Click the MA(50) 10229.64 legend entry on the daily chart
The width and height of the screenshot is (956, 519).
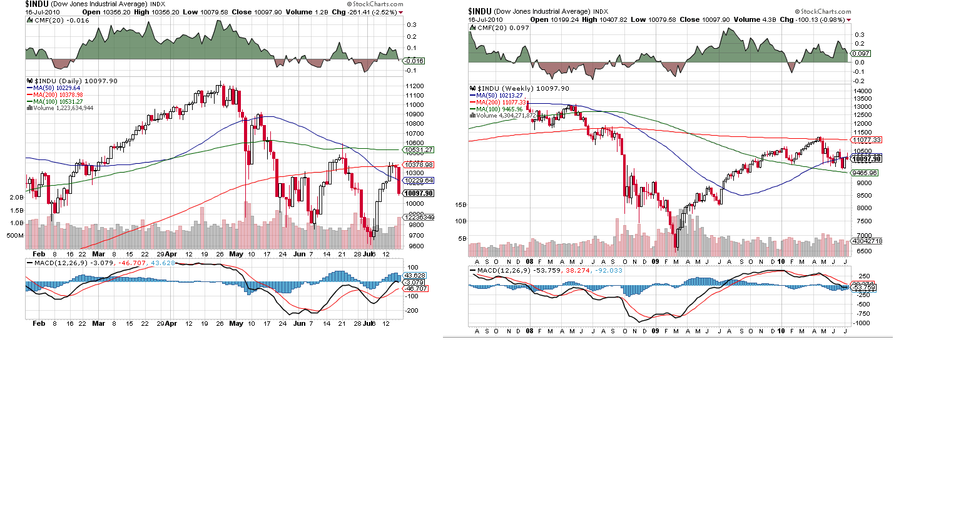(x=57, y=88)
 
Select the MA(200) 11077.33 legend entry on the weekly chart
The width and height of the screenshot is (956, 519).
(x=501, y=103)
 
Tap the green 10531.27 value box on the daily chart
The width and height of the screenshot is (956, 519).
(x=419, y=150)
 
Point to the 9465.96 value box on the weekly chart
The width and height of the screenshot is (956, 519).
(x=864, y=173)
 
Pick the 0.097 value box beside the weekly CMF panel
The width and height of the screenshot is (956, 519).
(x=861, y=53)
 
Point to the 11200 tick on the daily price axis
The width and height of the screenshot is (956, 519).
(x=415, y=86)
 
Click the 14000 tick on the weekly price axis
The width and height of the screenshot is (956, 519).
(x=863, y=91)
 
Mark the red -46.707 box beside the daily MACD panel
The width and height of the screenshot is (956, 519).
(x=416, y=289)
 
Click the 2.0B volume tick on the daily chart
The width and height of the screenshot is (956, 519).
(x=16, y=197)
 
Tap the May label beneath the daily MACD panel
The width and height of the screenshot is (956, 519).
(x=236, y=323)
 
